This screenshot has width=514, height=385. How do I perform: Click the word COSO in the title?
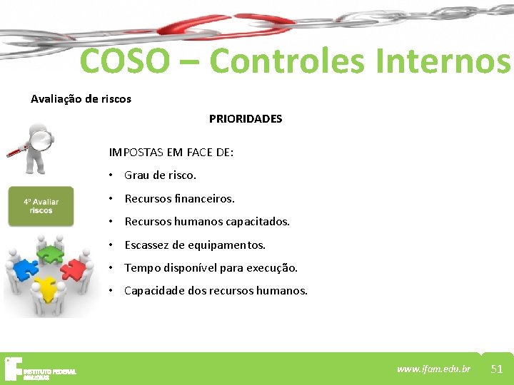(126, 61)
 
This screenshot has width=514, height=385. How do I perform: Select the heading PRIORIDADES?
(246, 119)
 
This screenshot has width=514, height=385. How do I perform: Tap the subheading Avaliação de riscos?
(81, 99)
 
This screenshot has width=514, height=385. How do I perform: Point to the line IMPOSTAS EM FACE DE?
(171, 152)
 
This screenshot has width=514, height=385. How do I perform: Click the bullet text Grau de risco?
(160, 175)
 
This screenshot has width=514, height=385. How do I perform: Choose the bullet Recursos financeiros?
(179, 198)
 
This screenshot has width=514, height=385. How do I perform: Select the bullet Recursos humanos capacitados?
(207, 222)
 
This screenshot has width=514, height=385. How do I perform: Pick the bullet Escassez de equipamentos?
(195, 245)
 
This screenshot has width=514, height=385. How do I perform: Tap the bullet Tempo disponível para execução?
(211, 268)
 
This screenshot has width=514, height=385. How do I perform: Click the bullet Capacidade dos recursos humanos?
(216, 291)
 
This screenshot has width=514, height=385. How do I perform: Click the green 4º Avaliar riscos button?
(41, 206)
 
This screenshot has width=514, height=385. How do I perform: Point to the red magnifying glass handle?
(16, 150)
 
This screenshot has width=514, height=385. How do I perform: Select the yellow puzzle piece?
(47, 288)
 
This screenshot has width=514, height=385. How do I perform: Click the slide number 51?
(497, 369)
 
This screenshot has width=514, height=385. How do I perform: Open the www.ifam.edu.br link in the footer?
(434, 369)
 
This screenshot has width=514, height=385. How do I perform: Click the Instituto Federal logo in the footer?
(39, 369)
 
